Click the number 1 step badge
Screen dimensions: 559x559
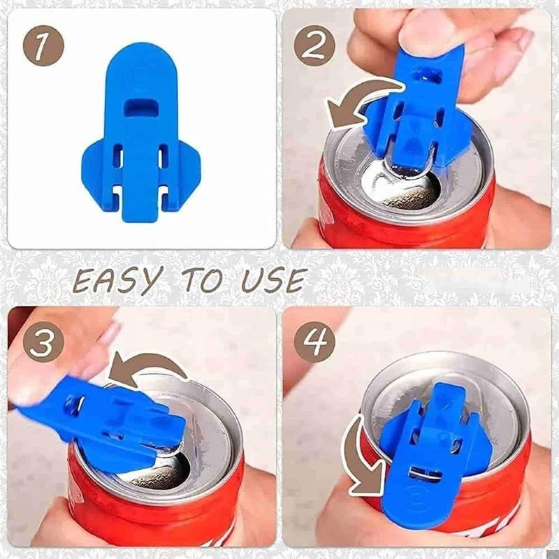click(43, 46)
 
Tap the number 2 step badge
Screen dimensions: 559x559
click(315, 46)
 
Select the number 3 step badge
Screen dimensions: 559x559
click(43, 344)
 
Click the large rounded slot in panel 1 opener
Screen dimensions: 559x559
click(140, 108)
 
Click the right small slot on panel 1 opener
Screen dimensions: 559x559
click(164, 156)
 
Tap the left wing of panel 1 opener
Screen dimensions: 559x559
click(97, 171)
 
